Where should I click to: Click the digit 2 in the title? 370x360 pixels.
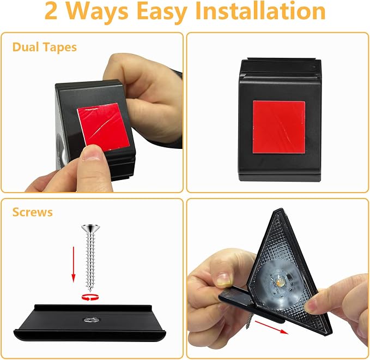click(x=51, y=11)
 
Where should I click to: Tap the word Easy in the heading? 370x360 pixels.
click(x=162, y=13)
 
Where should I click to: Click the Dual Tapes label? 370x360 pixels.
click(x=45, y=47)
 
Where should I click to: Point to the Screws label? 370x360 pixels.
click(x=32, y=212)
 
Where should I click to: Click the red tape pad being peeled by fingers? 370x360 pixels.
click(x=104, y=126)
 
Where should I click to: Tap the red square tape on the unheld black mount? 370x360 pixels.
click(x=279, y=127)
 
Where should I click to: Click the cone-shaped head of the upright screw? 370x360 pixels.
click(x=90, y=228)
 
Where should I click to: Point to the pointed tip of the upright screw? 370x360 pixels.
click(x=90, y=291)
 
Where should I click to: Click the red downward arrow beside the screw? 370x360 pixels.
click(x=74, y=265)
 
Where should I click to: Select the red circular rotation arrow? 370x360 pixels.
click(x=90, y=297)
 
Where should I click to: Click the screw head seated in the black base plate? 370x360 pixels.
click(x=92, y=320)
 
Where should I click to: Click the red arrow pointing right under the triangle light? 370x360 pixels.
click(x=271, y=327)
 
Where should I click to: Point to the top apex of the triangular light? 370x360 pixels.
click(x=280, y=209)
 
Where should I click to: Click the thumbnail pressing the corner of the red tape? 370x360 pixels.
click(x=92, y=153)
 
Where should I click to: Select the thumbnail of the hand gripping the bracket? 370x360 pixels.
click(x=224, y=280)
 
